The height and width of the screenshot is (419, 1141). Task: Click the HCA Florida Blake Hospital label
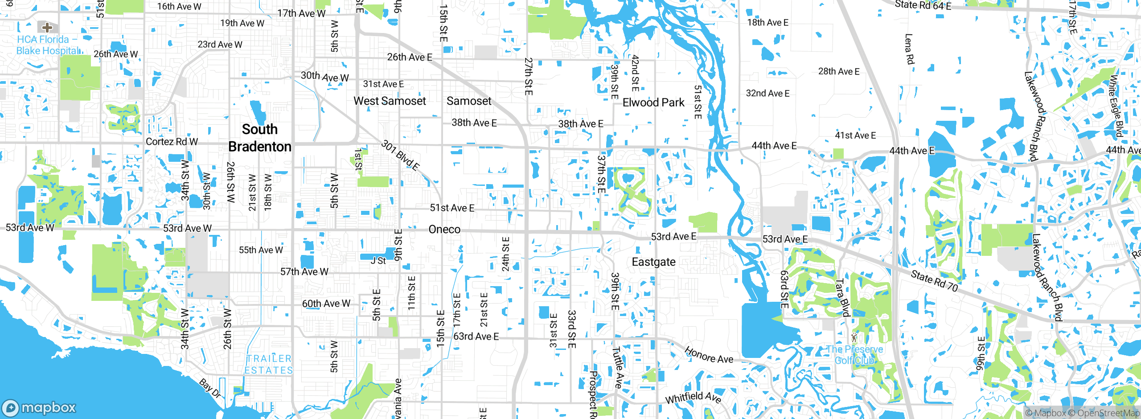tap(48, 45)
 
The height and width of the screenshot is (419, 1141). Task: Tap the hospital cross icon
tap(47, 27)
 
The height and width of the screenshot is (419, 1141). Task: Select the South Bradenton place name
tap(260, 138)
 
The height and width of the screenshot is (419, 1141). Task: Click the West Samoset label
tap(390, 101)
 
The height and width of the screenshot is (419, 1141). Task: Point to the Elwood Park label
tap(653, 103)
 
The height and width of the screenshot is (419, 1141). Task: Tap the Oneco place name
tap(444, 229)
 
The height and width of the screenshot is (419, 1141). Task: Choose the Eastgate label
tap(653, 262)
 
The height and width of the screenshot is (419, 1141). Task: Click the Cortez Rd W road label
tap(172, 142)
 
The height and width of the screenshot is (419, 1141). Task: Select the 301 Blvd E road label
tap(400, 155)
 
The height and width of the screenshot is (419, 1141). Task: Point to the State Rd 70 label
tap(934, 281)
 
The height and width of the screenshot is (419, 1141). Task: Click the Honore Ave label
tap(709, 355)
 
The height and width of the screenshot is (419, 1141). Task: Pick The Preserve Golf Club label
tap(854, 355)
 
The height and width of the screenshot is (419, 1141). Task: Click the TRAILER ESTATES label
tap(269, 364)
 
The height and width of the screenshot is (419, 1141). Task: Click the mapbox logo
tap(39, 407)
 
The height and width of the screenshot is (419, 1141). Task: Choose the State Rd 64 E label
tap(923, 5)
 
